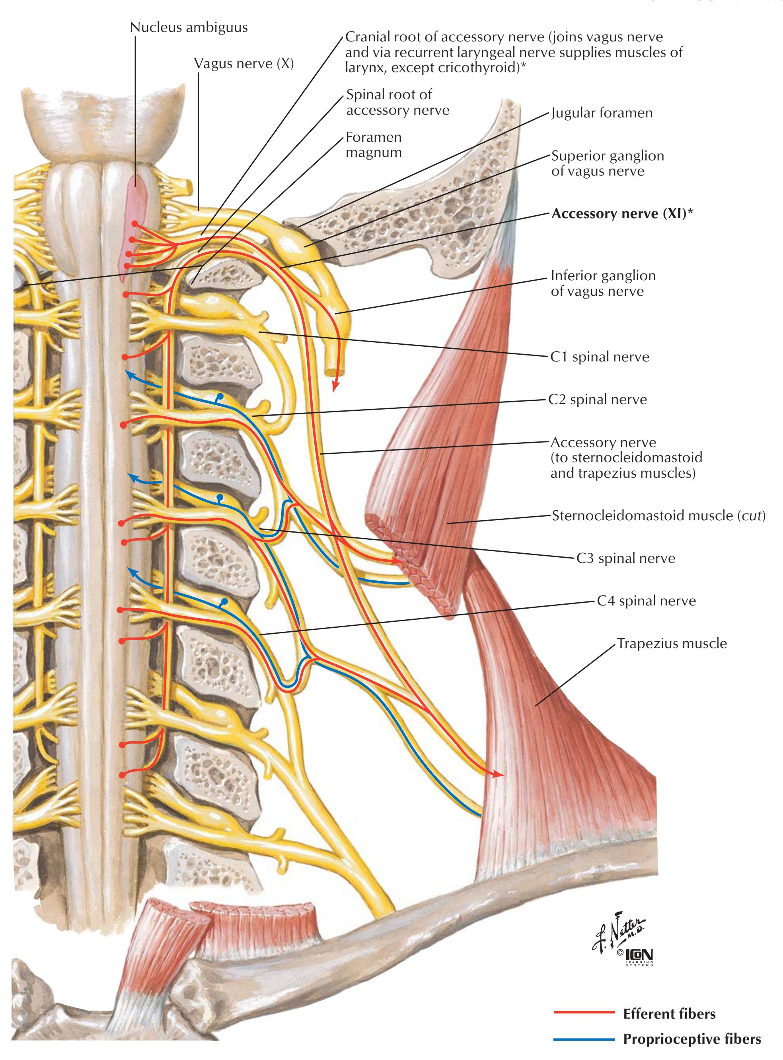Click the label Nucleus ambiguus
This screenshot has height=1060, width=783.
pyautogui.click(x=189, y=27)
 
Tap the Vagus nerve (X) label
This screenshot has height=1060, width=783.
pyautogui.click(x=243, y=64)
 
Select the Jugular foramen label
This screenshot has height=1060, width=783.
pyautogui.click(x=602, y=113)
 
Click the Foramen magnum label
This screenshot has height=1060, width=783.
pyautogui.click(x=374, y=144)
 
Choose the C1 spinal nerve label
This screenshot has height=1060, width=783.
pyautogui.click(x=600, y=357)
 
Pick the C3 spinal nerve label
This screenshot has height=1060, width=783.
pyautogui.click(x=625, y=558)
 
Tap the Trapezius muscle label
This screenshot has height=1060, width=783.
pyautogui.click(x=672, y=643)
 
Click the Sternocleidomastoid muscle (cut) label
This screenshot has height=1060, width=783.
pyautogui.click(x=658, y=515)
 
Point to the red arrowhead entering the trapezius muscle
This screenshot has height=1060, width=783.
pyautogui.click(x=498, y=774)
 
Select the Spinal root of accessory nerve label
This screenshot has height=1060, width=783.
pyautogui.click(x=397, y=102)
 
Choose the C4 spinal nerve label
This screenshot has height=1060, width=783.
pyautogui.click(x=646, y=601)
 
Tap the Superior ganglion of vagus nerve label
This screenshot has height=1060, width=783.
pyautogui.click(x=607, y=163)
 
